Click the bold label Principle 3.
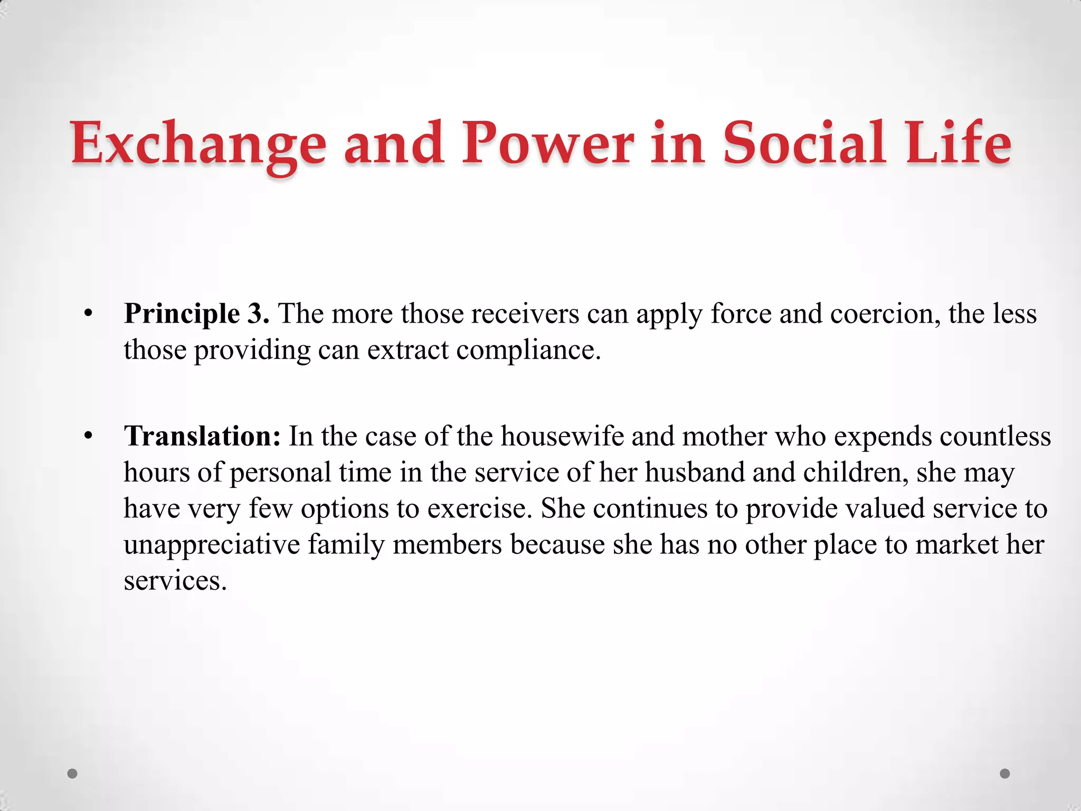[x=196, y=314]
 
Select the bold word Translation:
[x=202, y=437]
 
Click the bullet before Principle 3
[x=88, y=315]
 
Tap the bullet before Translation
[x=88, y=437]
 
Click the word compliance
[x=528, y=350]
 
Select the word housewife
[x=562, y=437]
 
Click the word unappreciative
[x=212, y=545]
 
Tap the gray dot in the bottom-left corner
[x=73, y=774]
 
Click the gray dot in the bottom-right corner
[x=1005, y=774]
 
